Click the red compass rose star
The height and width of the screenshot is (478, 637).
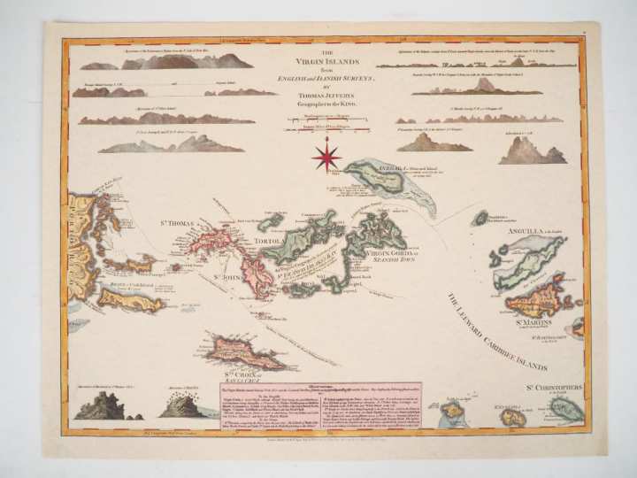coord(326,158)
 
